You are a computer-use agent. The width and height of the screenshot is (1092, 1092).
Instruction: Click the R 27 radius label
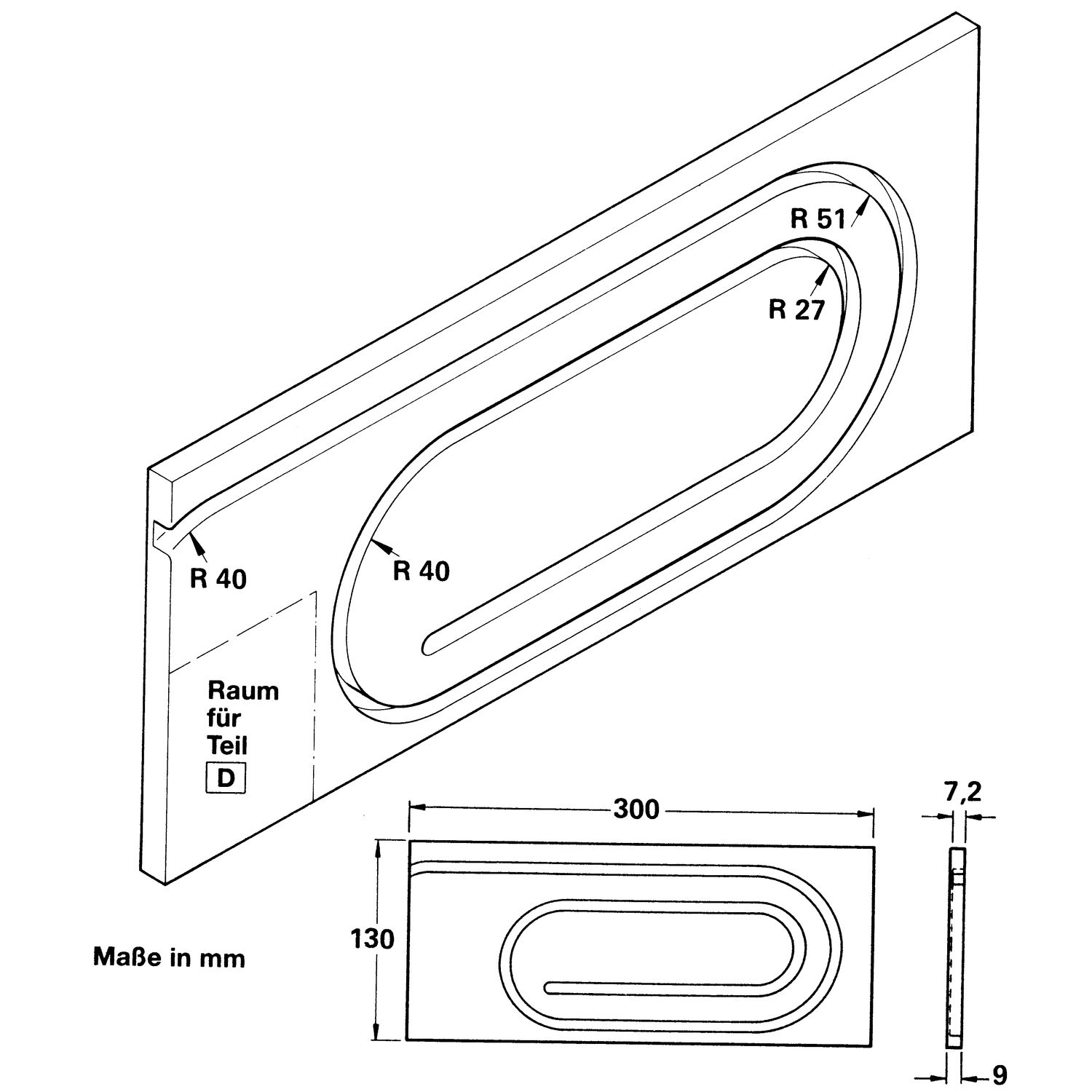click(796, 310)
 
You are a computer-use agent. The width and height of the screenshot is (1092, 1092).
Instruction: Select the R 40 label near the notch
click(218, 578)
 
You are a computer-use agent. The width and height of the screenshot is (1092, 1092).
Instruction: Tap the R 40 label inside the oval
click(421, 571)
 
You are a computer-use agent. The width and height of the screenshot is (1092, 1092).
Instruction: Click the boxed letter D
click(226, 778)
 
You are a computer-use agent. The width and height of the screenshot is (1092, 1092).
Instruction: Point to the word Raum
click(243, 690)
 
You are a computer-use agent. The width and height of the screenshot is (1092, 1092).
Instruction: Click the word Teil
click(227, 745)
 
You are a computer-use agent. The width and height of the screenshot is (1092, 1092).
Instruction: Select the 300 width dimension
click(636, 809)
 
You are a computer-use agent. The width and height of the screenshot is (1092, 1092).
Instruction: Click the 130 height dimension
click(372, 939)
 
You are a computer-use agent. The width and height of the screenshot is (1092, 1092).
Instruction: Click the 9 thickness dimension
click(999, 1075)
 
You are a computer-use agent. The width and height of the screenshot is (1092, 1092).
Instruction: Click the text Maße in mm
click(169, 958)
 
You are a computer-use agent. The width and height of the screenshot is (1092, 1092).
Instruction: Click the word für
click(223, 718)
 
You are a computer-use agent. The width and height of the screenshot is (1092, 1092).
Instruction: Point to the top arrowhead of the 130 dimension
click(376, 844)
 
